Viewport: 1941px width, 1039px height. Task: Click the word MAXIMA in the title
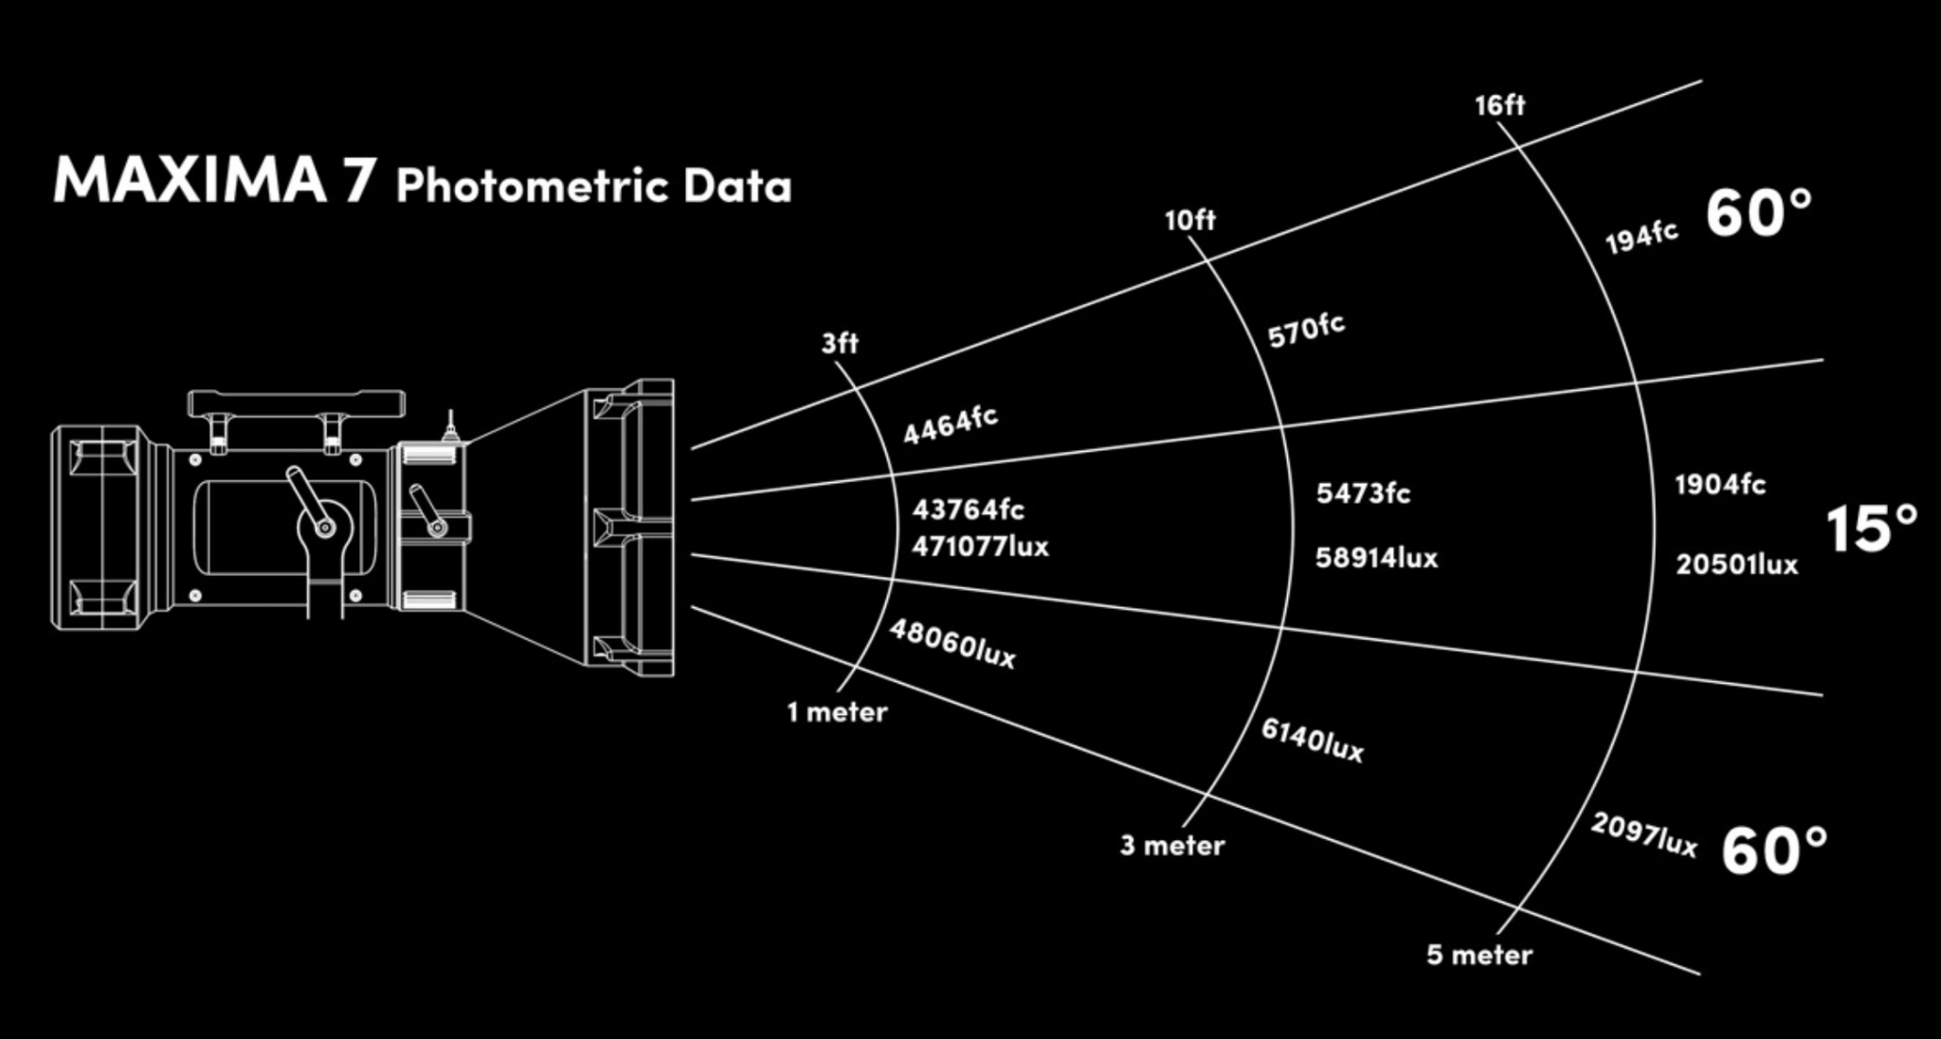click(189, 179)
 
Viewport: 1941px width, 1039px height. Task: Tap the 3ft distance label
click(840, 343)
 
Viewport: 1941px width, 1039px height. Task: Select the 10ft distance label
click(1189, 221)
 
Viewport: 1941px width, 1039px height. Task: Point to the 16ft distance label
click(1499, 105)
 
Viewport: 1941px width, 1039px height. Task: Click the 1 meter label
click(837, 712)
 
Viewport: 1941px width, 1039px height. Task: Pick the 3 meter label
click(1172, 845)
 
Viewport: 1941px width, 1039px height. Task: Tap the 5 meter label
click(1478, 955)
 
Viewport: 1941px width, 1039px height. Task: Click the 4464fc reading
click(950, 425)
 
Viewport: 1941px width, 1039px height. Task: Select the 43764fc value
click(968, 510)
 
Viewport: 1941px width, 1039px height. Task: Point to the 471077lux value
click(980, 546)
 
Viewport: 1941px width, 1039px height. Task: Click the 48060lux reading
click(952, 644)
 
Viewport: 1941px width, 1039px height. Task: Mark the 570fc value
click(1306, 330)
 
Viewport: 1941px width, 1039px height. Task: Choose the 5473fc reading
click(1363, 493)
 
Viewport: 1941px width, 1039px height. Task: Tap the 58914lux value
click(1376, 558)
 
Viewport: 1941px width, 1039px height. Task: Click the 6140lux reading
click(1313, 741)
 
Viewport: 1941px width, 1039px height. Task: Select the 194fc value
click(1642, 237)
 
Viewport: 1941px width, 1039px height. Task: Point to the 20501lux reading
click(1736, 564)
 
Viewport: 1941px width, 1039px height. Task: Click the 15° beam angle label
click(1871, 528)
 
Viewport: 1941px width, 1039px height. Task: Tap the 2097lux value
click(1643, 834)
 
